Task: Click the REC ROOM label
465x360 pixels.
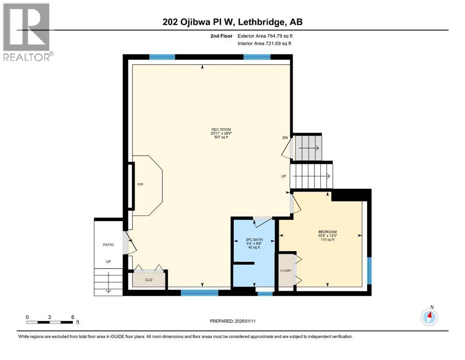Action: (x=221, y=129)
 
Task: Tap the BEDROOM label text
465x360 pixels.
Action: (x=327, y=232)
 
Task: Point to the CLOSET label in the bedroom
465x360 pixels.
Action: (x=286, y=270)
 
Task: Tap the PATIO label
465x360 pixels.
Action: (x=108, y=245)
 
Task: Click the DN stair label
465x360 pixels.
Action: (x=285, y=137)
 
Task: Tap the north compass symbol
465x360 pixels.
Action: (x=429, y=317)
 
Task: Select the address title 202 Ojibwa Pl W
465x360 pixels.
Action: (x=232, y=22)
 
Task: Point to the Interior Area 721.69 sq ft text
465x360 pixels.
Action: (x=264, y=44)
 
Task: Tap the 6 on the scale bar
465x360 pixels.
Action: (x=73, y=317)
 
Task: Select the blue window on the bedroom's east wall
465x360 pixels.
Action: (x=369, y=270)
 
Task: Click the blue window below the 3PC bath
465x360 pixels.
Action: (x=265, y=294)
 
